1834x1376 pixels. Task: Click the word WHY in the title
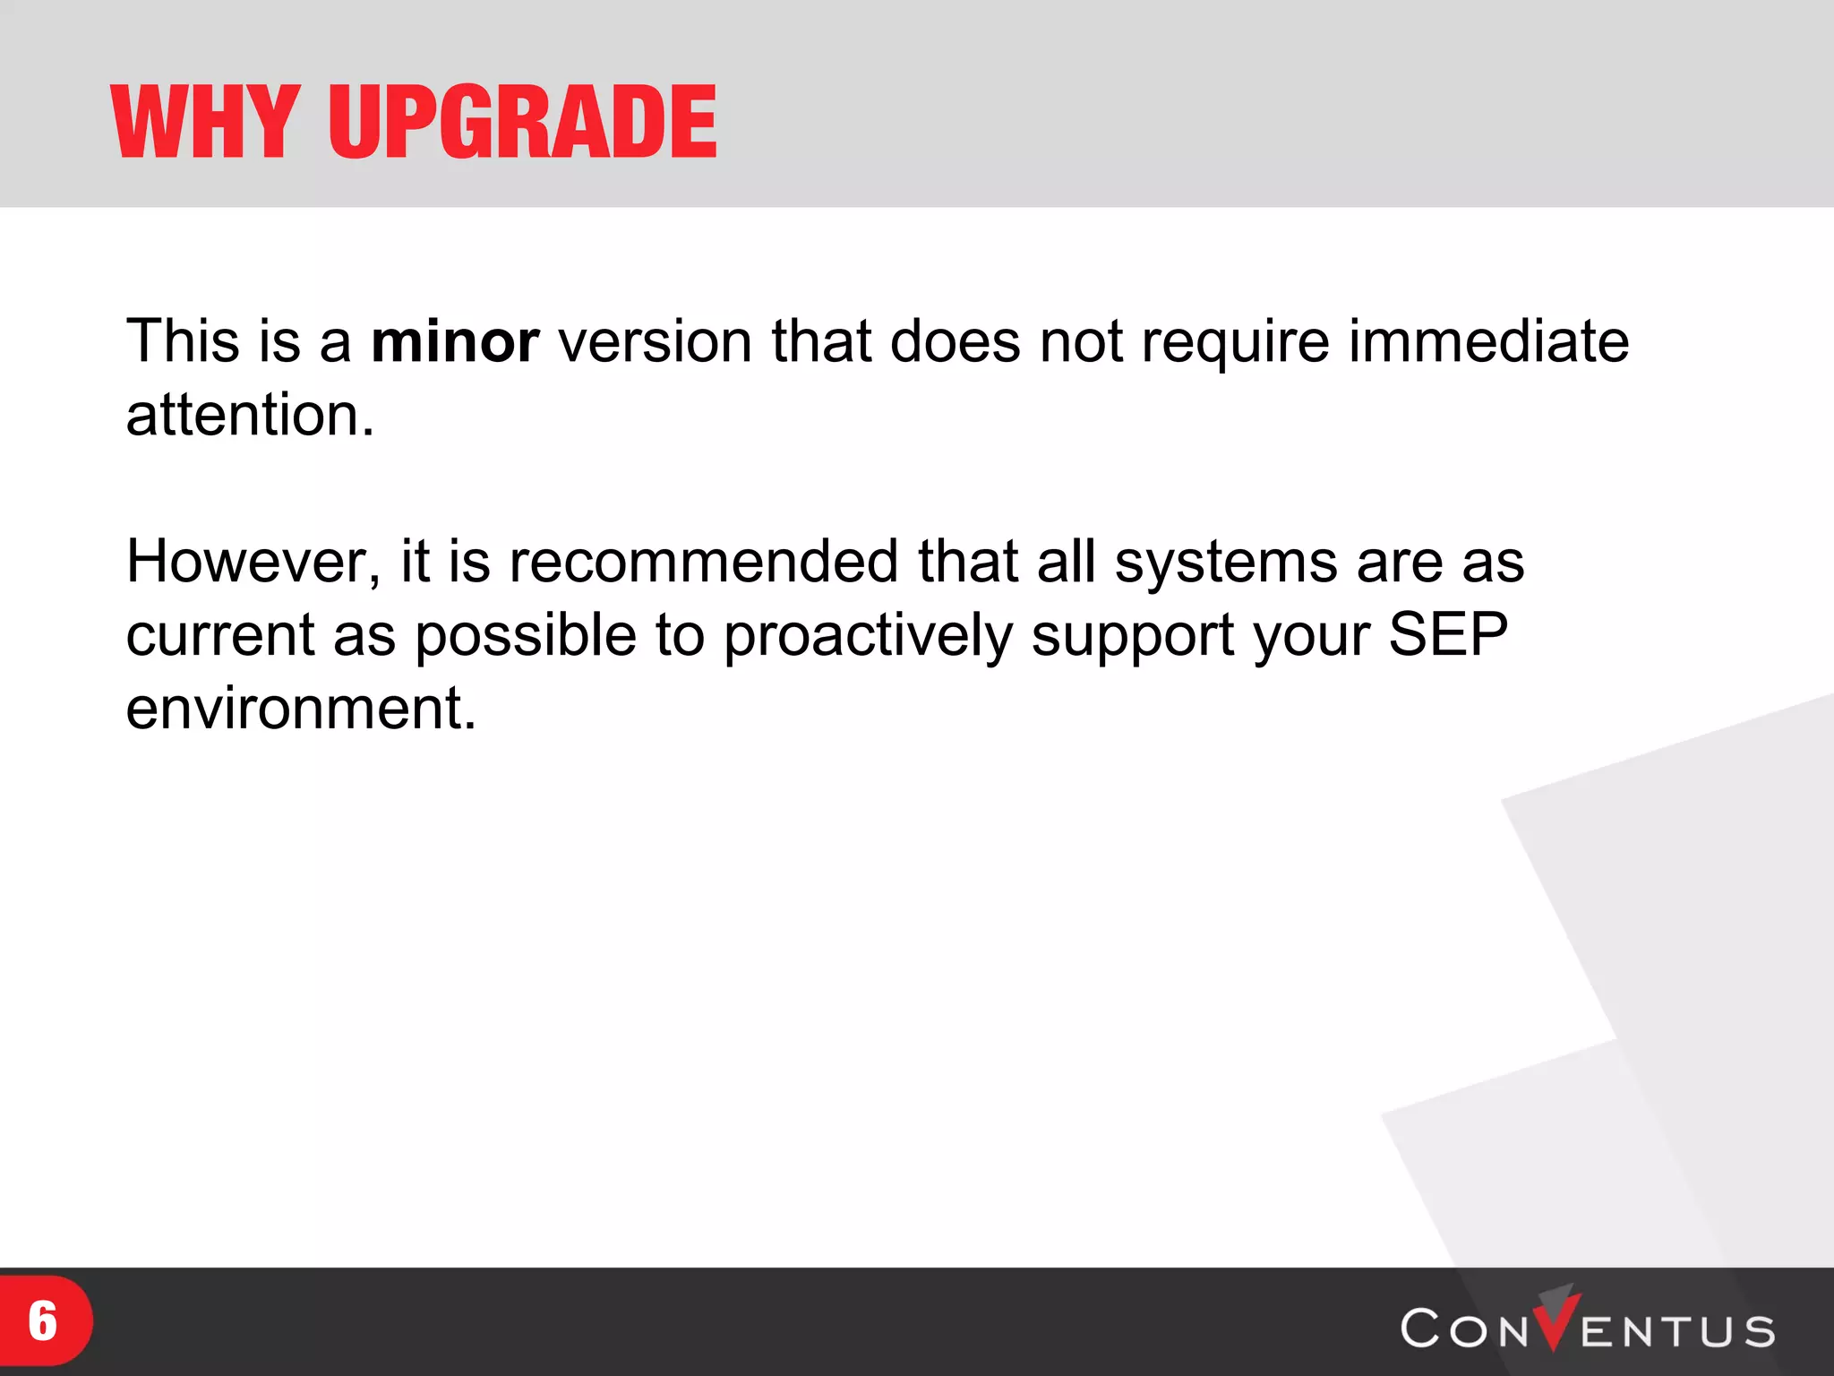204,122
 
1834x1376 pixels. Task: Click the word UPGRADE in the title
522,122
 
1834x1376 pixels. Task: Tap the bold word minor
455,342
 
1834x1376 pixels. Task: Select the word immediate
1488,342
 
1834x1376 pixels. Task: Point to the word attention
249,416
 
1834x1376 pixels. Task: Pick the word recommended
703,563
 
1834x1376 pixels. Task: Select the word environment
300,709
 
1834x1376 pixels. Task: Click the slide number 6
42,1321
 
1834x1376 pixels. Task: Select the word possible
526,636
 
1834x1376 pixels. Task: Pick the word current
219,636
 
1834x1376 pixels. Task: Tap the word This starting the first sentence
182,342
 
